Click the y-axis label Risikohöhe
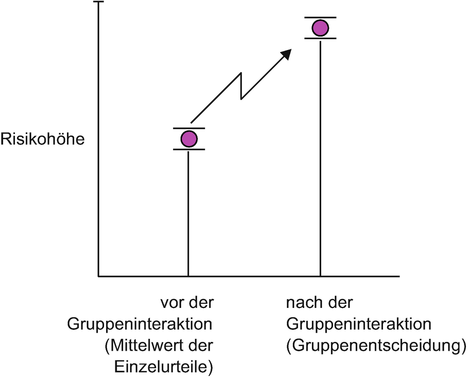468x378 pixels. coord(42,139)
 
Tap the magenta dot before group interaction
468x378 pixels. coord(189,139)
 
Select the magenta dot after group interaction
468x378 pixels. coord(321,28)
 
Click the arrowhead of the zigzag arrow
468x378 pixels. coord(286,54)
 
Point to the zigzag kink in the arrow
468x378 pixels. coord(241,85)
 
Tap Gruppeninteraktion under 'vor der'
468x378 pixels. coord(140,324)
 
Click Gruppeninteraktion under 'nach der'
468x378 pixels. coord(359,324)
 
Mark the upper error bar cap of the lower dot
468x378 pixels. coord(189,128)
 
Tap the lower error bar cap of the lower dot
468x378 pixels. coord(189,150)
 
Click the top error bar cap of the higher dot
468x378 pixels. coord(321,17)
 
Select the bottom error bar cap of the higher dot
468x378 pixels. coord(321,39)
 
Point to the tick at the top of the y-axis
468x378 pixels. coord(98,2)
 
